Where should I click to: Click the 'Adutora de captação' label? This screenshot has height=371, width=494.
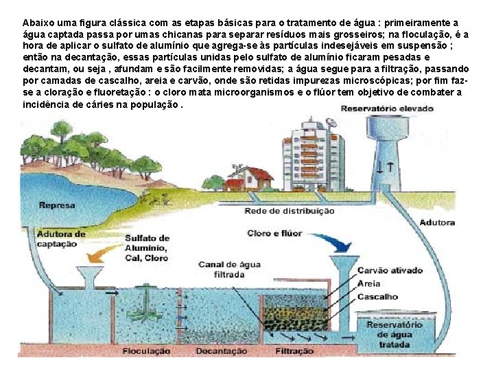[x=61, y=238]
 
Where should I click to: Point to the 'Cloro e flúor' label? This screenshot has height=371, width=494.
[x=274, y=234]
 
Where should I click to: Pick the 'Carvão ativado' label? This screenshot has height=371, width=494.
[x=390, y=271]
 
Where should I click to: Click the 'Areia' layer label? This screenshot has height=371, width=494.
[x=370, y=283]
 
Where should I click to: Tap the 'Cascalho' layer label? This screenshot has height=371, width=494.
[x=377, y=297]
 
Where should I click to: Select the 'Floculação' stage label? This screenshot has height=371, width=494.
[x=146, y=351]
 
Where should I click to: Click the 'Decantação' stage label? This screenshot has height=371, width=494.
[x=221, y=351]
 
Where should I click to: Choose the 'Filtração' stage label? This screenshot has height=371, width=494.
[x=295, y=351]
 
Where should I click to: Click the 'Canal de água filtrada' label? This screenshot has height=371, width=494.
[x=228, y=269]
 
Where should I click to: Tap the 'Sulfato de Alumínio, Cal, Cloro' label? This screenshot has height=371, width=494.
[x=147, y=247]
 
